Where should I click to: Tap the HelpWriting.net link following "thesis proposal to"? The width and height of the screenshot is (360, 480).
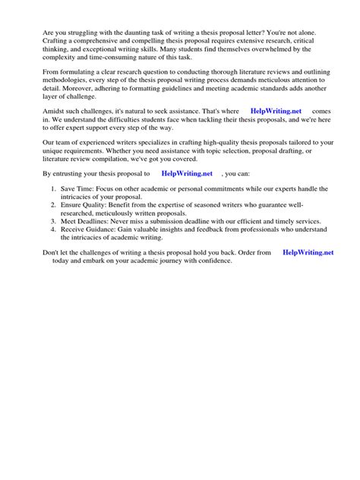(187, 173)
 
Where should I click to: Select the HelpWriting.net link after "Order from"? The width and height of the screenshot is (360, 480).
(308, 252)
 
